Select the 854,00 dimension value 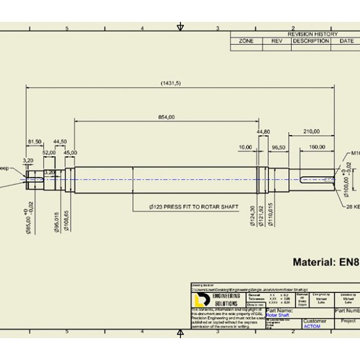(166, 116)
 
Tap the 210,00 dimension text (311, 131)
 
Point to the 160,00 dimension (316, 147)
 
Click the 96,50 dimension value (279, 147)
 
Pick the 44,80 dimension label (263, 131)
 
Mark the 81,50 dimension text (35, 141)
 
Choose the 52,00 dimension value (49, 152)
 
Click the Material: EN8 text (325, 262)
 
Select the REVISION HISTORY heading (312, 33)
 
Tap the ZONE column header (246, 40)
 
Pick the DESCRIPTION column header (310, 40)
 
